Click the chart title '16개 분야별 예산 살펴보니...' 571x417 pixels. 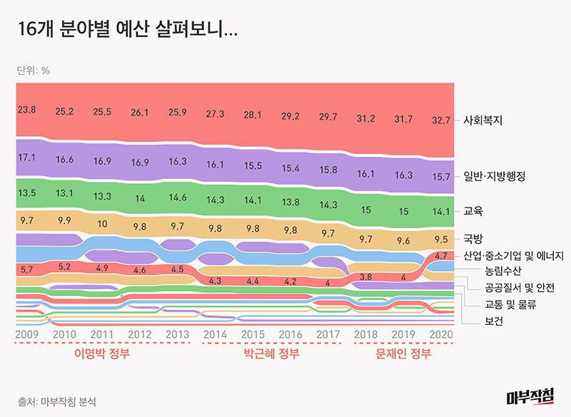pos(126,30)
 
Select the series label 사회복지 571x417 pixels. pos(483,120)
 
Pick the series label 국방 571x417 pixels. pos(473,239)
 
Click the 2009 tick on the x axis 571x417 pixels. pos(26,334)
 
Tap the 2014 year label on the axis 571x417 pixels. pos(215,334)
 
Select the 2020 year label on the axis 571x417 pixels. pos(440,334)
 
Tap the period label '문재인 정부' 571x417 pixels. pos(403,354)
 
